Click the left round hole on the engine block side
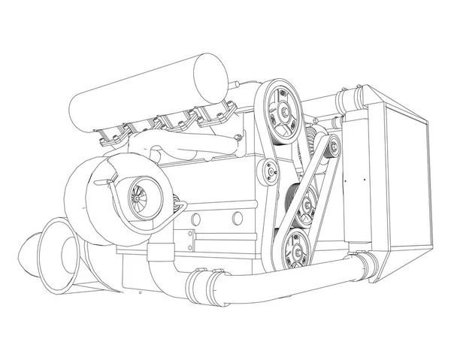(x=195, y=219)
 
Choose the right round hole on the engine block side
(x=237, y=218)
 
